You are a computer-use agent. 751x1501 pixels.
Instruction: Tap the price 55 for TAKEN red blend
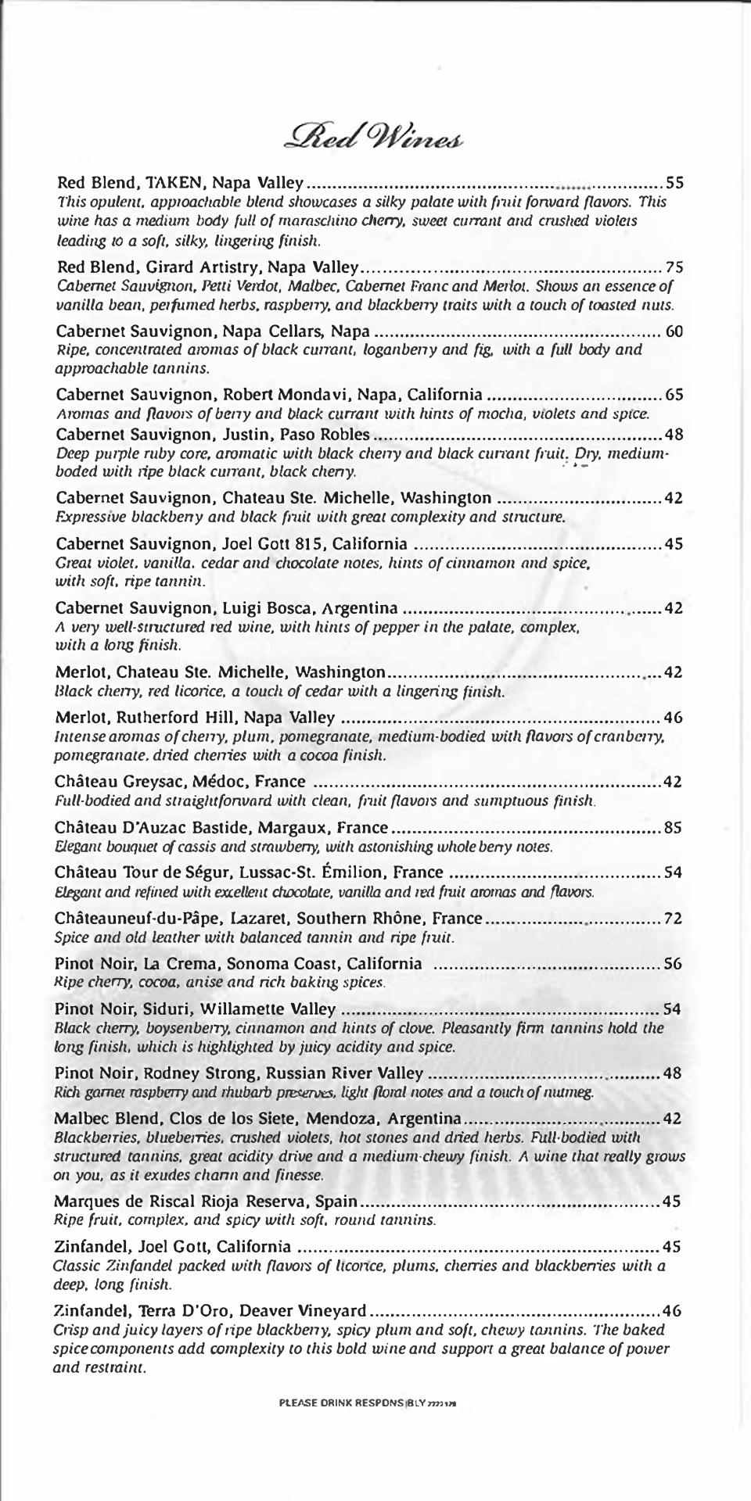tap(674, 184)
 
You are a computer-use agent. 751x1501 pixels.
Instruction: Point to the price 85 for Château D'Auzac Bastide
tap(673, 828)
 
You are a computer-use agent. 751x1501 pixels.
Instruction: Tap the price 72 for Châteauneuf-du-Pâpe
tap(673, 919)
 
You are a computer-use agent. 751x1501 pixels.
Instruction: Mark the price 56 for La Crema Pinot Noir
tap(673, 963)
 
